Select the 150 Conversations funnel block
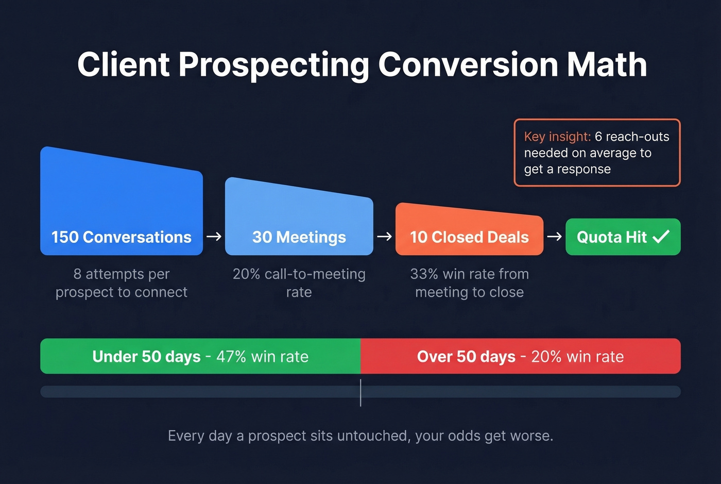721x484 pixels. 122,206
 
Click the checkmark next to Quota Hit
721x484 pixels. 661,237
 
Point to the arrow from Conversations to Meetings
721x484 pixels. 214,237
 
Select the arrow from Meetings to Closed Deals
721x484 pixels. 384,237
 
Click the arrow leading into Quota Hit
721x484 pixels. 554,237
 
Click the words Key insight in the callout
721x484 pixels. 557,137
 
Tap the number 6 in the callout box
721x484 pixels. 598,137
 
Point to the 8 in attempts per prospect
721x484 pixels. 77,274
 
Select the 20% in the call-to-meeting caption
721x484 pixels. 246,274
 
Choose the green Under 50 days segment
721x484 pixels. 200,356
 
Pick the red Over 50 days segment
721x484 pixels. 520,356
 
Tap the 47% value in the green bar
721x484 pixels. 231,357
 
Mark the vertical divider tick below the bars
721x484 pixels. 360,393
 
